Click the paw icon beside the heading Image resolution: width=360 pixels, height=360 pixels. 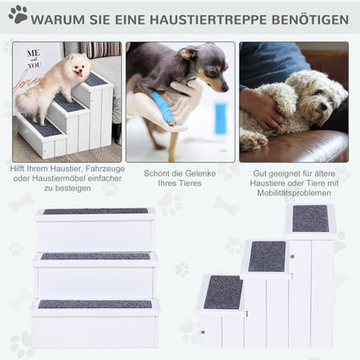(x=18, y=14)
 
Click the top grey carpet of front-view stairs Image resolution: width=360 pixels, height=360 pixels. (x=95, y=211)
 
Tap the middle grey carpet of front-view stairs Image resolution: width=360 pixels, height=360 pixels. (x=95, y=256)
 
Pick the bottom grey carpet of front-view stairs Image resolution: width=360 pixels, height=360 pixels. (x=95, y=304)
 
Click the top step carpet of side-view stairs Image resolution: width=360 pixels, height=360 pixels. (x=310, y=219)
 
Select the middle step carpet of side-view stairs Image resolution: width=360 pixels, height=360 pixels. (x=267, y=256)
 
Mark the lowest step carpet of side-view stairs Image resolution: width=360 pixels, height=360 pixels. (x=223, y=292)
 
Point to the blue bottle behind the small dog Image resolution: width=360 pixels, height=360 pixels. (x=220, y=118)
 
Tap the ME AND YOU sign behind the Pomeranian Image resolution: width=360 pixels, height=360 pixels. (x=34, y=61)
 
